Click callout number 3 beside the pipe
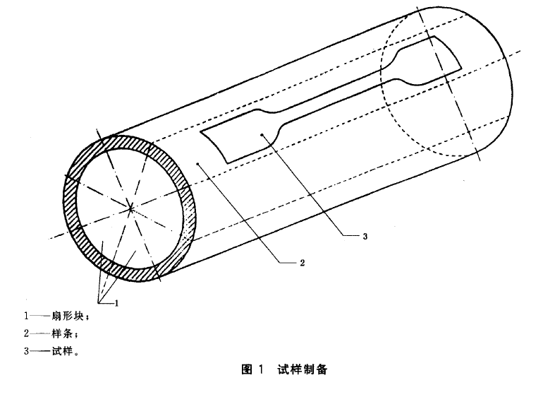click(x=365, y=237)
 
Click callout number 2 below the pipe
click(x=302, y=264)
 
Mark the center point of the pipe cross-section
click(x=132, y=208)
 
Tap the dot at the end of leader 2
click(x=200, y=163)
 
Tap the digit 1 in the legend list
click(x=26, y=316)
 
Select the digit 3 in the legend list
click(x=26, y=350)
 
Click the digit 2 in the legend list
click(x=26, y=333)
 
